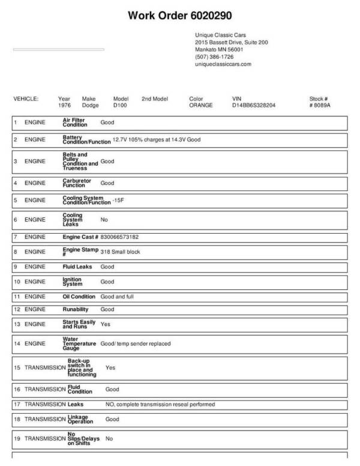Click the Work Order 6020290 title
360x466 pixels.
pyautogui.click(x=180, y=15)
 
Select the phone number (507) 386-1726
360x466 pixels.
pyautogui.click(x=214, y=56)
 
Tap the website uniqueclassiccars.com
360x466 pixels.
pyautogui.click(x=223, y=64)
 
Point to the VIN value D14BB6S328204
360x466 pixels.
pyautogui.click(x=254, y=105)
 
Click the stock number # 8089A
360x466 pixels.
pyautogui.click(x=320, y=105)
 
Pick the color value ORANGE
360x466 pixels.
pyautogui.click(x=201, y=105)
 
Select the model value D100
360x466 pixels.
pyautogui.click(x=121, y=105)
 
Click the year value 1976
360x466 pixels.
pyautogui.click(x=64, y=105)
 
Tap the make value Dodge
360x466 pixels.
pyautogui.click(x=90, y=105)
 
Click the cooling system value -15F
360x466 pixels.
pyautogui.click(x=118, y=199)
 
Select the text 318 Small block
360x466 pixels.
pyautogui.click(x=120, y=252)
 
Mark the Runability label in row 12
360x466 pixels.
pyautogui.click(x=76, y=309)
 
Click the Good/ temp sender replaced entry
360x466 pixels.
pyautogui.click(x=136, y=343)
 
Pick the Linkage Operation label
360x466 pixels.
pyautogui.click(x=80, y=419)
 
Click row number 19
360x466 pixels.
pyautogui.click(x=17, y=439)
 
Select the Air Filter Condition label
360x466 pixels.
pyautogui.click(x=75, y=122)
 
